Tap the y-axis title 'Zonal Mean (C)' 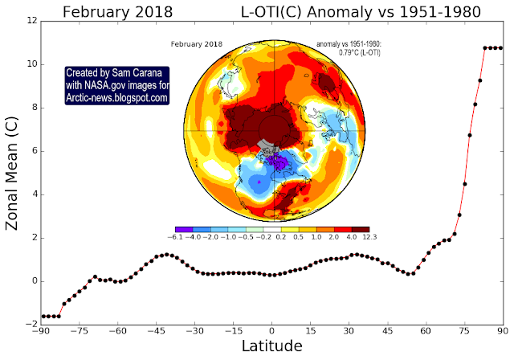coord(14,172)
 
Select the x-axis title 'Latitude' coord(271,347)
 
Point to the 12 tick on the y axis coord(29,20)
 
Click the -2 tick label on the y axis coord(28,324)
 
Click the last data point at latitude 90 coord(501,48)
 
